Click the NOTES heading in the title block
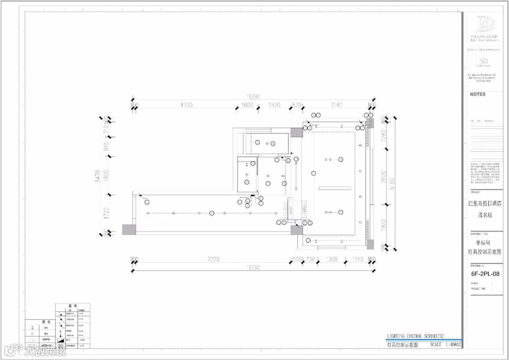coord(477,94)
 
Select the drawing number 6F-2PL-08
coord(485,273)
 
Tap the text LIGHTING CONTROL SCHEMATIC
coord(415,336)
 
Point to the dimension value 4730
coord(186,105)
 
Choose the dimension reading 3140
coord(336,105)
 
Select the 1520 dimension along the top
coord(274,105)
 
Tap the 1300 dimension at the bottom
coord(331,259)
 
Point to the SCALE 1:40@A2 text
coord(445,344)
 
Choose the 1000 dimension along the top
coord(247,105)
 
